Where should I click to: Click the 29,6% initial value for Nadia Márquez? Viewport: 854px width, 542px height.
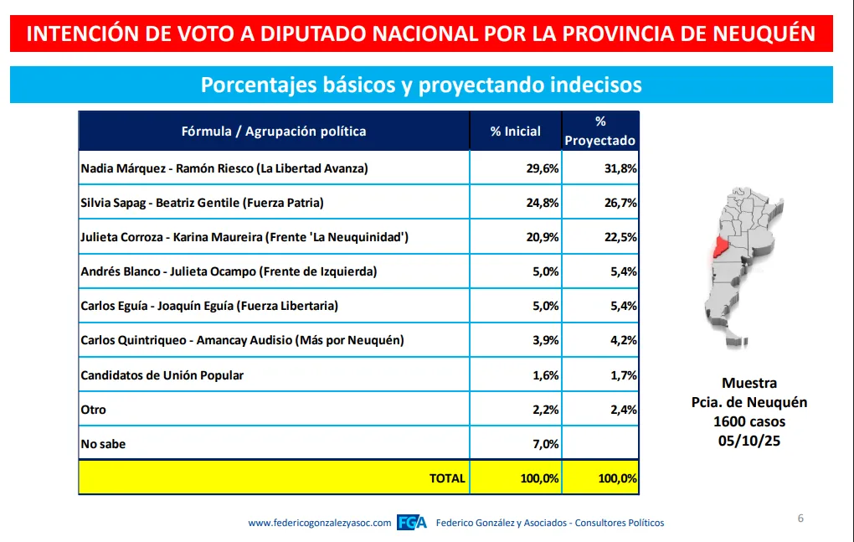click(x=541, y=168)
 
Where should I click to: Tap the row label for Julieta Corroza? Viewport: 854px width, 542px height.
click(x=244, y=237)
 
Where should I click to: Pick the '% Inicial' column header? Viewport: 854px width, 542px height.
click(x=515, y=132)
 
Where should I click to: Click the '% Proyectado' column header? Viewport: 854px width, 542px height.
click(x=600, y=132)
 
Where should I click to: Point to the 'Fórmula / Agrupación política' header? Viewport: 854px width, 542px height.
click(x=274, y=132)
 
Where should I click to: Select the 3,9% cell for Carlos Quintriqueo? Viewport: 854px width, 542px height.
click(x=544, y=340)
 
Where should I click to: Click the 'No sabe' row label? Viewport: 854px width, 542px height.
click(x=103, y=444)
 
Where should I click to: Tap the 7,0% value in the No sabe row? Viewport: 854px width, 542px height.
click(x=544, y=444)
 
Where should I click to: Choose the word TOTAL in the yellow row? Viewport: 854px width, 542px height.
click(x=447, y=478)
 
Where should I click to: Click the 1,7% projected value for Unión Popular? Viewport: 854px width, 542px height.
click(x=623, y=375)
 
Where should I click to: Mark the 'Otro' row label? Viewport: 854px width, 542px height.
click(x=94, y=410)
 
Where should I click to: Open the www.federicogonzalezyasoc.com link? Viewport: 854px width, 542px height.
click(x=320, y=523)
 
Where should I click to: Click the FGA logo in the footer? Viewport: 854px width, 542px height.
click(x=411, y=523)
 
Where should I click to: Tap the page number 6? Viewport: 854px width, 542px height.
click(x=800, y=519)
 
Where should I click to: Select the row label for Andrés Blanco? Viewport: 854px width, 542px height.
click(x=229, y=271)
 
